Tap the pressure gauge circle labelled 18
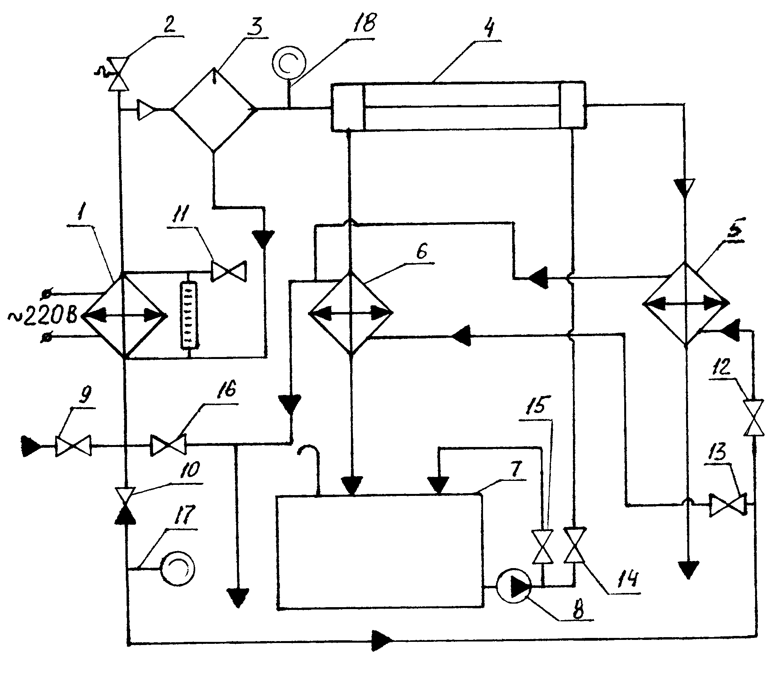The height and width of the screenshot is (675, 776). pyautogui.click(x=289, y=63)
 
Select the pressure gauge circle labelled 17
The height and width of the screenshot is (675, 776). pyautogui.click(x=178, y=568)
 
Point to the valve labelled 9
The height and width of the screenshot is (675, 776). pyautogui.click(x=73, y=446)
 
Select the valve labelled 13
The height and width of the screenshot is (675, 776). pyautogui.click(x=728, y=505)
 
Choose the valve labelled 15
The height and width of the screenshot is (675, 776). pyautogui.click(x=543, y=547)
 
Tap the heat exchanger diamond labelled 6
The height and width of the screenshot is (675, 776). pyautogui.click(x=351, y=313)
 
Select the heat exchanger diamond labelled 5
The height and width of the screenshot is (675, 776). pyautogui.click(x=685, y=303)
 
